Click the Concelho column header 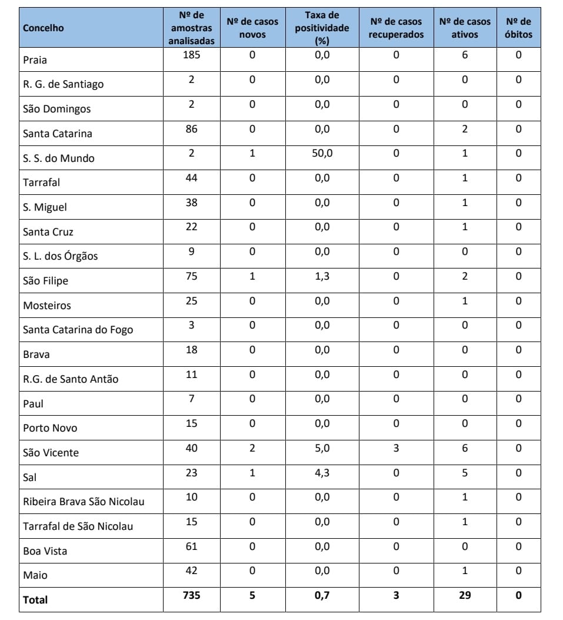tap(44, 28)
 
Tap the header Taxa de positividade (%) tap(322, 28)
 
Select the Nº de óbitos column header tap(518, 28)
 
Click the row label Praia tap(35, 60)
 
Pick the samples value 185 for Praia tap(191, 55)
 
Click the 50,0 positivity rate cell tap(322, 154)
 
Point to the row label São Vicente tap(51, 453)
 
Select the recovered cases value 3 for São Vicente tap(396, 449)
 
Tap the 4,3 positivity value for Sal tap(322, 473)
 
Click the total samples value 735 tap(191, 595)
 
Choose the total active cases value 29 tap(465, 595)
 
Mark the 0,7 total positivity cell tap(322, 595)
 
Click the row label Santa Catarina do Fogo tap(78, 330)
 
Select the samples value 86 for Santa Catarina tap(191, 129)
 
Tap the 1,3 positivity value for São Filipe tap(322, 276)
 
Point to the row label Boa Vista tap(45, 551)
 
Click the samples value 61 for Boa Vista tap(191, 546)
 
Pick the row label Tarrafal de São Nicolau tap(78, 526)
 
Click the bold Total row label tap(35, 600)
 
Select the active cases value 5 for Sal tap(465, 473)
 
